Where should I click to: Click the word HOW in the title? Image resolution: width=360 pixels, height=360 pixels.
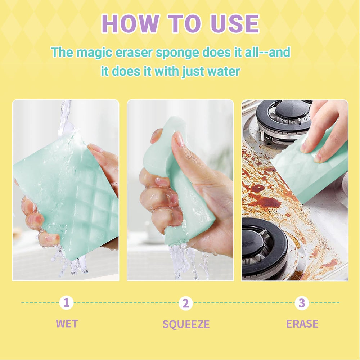click(130, 24)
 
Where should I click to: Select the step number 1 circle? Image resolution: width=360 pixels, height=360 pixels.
click(66, 303)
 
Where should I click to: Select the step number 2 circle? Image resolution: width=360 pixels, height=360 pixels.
click(185, 303)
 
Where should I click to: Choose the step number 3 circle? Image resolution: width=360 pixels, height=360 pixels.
click(302, 303)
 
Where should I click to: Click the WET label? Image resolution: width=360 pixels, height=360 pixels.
click(67, 324)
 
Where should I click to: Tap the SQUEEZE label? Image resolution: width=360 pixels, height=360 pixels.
click(186, 324)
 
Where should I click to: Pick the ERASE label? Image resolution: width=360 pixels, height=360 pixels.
click(302, 324)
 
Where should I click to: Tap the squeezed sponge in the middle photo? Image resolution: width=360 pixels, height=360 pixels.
click(177, 184)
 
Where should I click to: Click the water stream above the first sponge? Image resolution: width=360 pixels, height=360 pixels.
click(65, 117)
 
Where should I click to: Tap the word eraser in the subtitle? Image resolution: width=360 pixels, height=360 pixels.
click(134, 52)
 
